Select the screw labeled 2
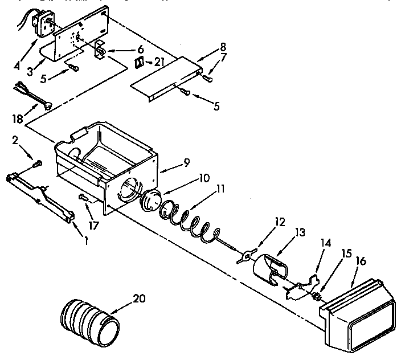pos(38,164)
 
